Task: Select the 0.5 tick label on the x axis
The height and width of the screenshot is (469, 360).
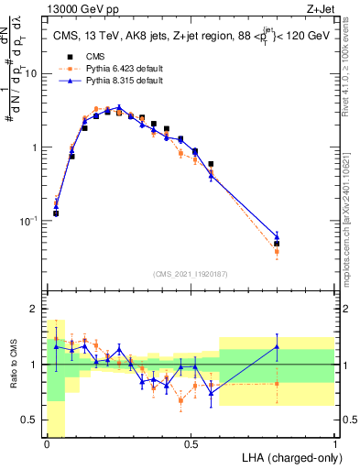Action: (191, 444)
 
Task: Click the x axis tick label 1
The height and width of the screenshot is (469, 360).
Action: (334, 444)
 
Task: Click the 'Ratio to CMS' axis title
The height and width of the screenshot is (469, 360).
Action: (13, 375)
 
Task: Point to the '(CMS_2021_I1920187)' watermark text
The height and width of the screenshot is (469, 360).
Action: (191, 274)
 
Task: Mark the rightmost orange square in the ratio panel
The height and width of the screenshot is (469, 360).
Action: (277, 383)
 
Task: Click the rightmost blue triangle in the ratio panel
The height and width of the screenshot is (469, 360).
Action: (277, 346)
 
